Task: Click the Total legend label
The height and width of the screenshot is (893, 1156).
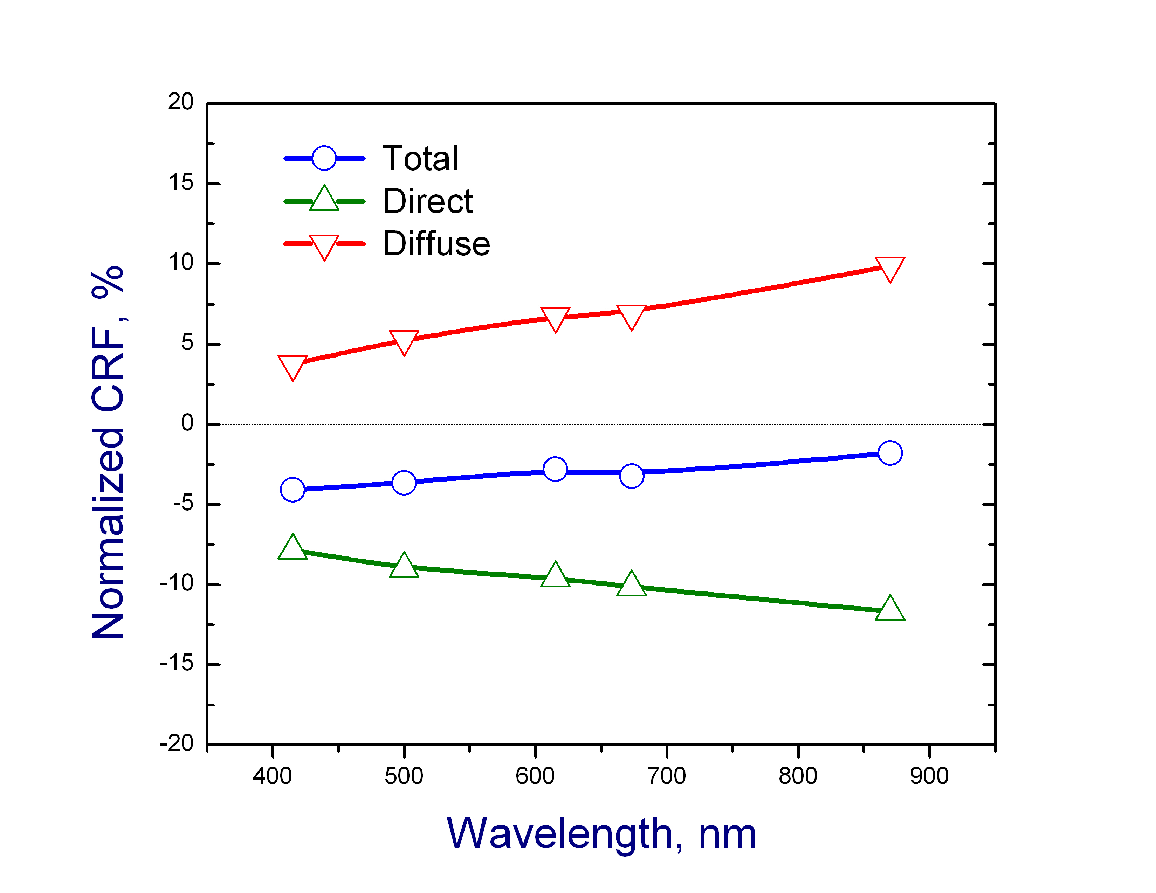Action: pyautogui.click(x=421, y=158)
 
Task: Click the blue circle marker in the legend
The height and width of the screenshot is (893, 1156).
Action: pyautogui.click(x=324, y=158)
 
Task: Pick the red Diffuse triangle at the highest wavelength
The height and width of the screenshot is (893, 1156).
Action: pyautogui.click(x=890, y=268)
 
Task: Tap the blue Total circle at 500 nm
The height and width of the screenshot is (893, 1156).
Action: pyautogui.click(x=404, y=483)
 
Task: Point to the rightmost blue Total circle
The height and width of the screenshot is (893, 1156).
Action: pyautogui.click(x=890, y=453)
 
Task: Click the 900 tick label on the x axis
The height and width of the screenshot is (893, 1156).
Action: pyautogui.click(x=929, y=776)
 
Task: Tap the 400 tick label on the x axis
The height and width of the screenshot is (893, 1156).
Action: pyautogui.click(x=273, y=776)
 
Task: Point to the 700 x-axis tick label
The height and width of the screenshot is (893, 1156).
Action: pyautogui.click(x=666, y=776)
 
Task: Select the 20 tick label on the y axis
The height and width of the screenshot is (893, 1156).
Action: pyautogui.click(x=181, y=102)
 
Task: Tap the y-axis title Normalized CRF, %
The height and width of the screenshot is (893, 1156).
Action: pyautogui.click(x=108, y=452)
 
